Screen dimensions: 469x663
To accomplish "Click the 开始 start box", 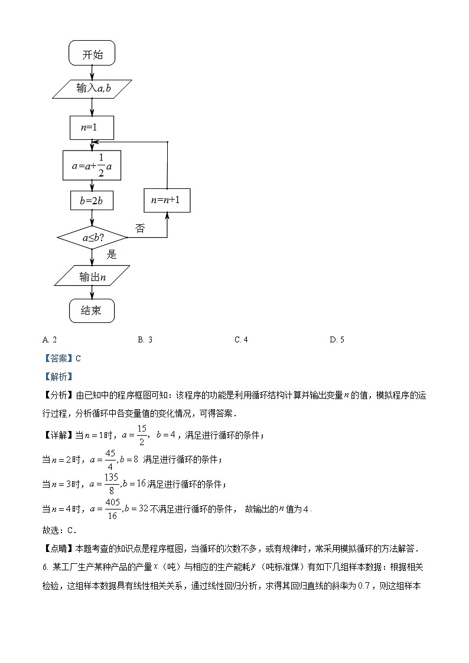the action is point(92,54).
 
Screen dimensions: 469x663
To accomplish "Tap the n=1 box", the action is point(92,128).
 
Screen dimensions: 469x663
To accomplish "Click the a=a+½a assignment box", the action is point(92,166).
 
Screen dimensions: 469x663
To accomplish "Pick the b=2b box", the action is point(92,201).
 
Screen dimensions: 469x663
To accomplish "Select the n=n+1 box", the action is point(167,200).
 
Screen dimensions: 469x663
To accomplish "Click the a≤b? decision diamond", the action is point(92,237).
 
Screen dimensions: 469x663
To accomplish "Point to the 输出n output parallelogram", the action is point(92,276).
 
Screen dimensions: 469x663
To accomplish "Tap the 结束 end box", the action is point(92,311).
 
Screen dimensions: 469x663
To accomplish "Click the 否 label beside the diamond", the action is point(140,228).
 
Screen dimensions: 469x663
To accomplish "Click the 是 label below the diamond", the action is point(111,254).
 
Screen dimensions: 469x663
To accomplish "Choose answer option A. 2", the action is point(50,339).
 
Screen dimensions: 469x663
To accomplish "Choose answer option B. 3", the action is point(145,339).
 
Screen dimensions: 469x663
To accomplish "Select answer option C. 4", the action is point(241,339).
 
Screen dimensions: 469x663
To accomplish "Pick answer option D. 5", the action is point(337,339).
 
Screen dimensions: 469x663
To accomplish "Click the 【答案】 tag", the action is point(58,358).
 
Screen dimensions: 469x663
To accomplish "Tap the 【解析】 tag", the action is point(58,376).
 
